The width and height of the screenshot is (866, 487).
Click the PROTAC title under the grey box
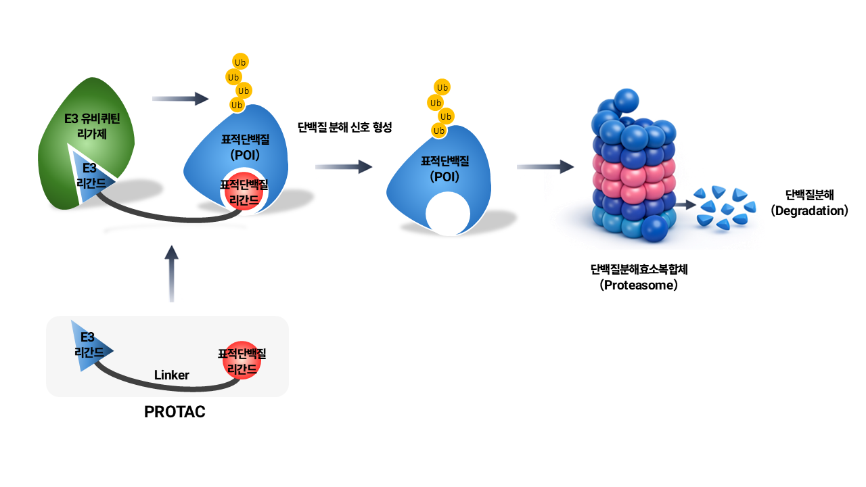(175, 412)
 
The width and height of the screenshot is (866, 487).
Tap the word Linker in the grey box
(172, 375)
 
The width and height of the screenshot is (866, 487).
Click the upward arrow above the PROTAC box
(172, 274)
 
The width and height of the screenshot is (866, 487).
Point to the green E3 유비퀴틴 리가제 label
(92, 126)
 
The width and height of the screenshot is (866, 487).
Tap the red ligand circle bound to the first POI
(244, 191)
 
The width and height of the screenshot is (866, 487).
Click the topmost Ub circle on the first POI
(240, 62)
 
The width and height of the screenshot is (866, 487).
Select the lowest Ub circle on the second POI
(439, 131)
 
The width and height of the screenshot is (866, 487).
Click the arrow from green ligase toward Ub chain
(180, 99)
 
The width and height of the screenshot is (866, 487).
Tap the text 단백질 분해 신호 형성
(345, 127)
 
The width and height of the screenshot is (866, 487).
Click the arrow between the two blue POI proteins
(344, 167)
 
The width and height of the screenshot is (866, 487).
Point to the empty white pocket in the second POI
(448, 213)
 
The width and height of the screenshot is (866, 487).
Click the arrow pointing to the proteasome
(545, 167)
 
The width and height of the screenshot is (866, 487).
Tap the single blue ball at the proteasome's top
(626, 101)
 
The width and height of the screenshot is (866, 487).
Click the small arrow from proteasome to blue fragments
(686, 205)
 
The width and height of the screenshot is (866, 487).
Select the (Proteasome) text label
(639, 285)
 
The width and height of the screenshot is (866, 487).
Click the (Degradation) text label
(810, 210)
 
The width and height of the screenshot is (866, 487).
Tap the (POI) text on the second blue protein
(445, 177)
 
